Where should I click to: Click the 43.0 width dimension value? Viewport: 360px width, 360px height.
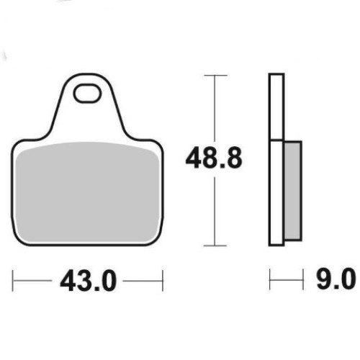click(x=88, y=280)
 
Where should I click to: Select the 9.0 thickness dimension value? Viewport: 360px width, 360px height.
click(x=336, y=279)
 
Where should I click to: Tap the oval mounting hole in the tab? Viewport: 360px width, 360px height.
click(x=87, y=94)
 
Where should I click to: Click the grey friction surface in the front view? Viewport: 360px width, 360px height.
click(x=88, y=192)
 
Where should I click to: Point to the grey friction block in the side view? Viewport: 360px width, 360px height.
click(x=293, y=191)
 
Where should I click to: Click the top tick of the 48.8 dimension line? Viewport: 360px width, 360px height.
click(x=215, y=76)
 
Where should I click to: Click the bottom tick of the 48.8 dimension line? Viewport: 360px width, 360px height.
click(x=215, y=246)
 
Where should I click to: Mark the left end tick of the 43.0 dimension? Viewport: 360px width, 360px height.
click(x=12, y=281)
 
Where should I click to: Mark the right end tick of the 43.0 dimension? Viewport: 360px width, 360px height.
click(x=163, y=281)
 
